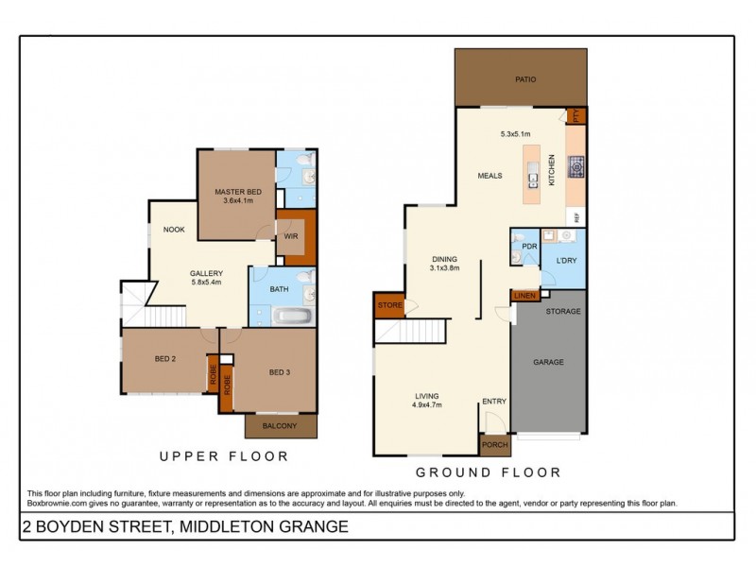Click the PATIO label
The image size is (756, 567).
(525, 79)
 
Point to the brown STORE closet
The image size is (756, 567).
(389, 305)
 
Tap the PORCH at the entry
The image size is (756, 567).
(494, 445)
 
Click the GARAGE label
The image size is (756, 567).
(548, 362)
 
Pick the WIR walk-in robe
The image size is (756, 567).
(291, 237)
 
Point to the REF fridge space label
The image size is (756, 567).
(576, 217)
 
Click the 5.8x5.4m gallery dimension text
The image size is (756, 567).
(205, 283)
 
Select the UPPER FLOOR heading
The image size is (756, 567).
(223, 456)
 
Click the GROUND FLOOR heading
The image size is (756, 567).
(488, 472)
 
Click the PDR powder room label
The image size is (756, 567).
(529, 247)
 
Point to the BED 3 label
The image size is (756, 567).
(279, 372)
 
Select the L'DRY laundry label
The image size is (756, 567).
(567, 260)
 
